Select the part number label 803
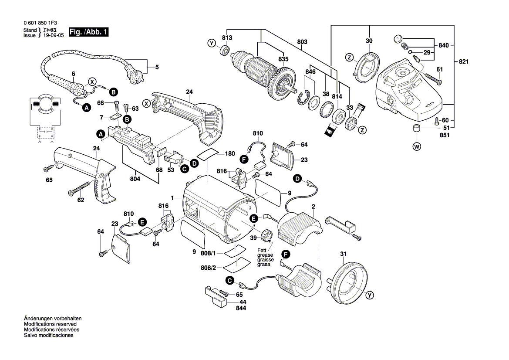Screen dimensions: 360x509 pos(302,42)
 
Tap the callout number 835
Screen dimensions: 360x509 pos(283,59)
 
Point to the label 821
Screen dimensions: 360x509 pos(463,62)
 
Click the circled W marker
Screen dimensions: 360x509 pos(417,147)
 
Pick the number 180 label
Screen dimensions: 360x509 pos(229,154)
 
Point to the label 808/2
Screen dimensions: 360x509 pos(208,268)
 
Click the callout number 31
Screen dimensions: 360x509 pos(344,254)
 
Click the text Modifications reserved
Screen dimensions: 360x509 pos(50,324)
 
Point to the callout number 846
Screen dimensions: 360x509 pos(310,71)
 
